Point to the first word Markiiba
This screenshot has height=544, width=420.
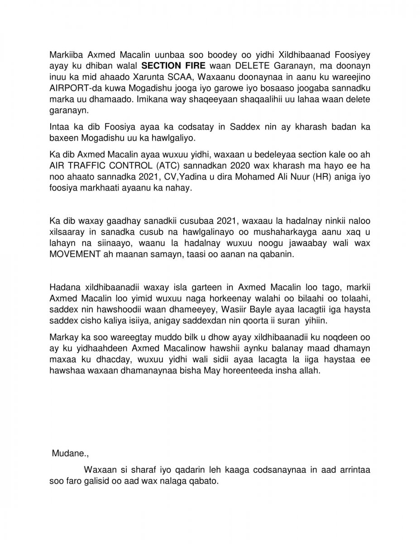click(66, 58)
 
